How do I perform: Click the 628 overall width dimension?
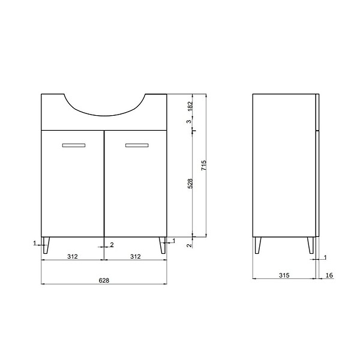click(104, 280)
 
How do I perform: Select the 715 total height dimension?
click(203, 165)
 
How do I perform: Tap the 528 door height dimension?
click(190, 184)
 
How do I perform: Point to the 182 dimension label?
click(190, 106)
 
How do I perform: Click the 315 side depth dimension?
click(284, 275)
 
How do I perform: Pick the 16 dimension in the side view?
click(329, 275)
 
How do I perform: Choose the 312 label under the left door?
click(73, 256)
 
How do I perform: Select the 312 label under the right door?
click(136, 256)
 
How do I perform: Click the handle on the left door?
click(74, 145)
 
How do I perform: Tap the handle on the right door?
click(137, 145)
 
